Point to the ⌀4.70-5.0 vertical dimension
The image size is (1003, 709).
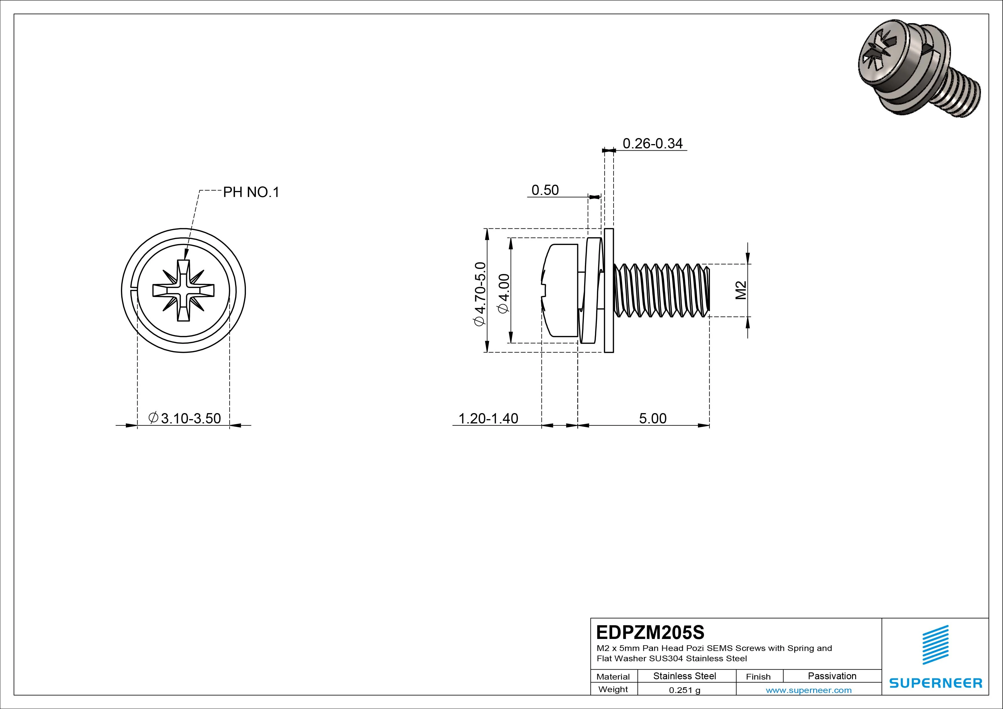click(x=480, y=294)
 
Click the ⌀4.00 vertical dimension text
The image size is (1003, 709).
click(x=504, y=293)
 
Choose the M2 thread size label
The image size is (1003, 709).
click(x=741, y=290)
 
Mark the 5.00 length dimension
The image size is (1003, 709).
click(x=653, y=419)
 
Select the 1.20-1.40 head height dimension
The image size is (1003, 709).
click(x=488, y=419)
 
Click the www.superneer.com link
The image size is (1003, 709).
click(x=809, y=690)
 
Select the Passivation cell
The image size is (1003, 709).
click(x=832, y=676)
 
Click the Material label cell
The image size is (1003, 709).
click(x=613, y=677)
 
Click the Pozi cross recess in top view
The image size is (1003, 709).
click(x=184, y=290)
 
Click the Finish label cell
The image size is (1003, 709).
click(x=758, y=677)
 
